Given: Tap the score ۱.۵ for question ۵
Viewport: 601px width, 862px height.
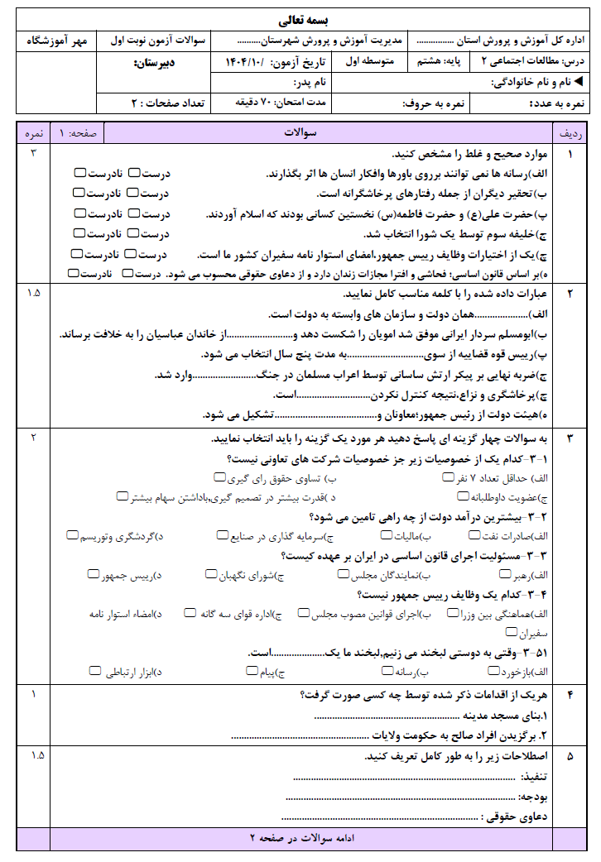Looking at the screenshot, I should [x=34, y=756].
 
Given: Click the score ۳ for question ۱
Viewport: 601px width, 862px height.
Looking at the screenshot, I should [x=34, y=154].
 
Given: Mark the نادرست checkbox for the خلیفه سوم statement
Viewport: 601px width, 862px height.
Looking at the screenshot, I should [x=79, y=233].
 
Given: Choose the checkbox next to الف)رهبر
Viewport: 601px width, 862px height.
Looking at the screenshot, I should [x=505, y=573].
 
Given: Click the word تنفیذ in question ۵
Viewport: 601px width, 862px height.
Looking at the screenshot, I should [x=535, y=778].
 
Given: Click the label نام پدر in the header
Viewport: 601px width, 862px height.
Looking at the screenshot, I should [x=310, y=83].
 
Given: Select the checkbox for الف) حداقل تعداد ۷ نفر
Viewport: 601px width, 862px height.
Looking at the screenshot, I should [x=448, y=478].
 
